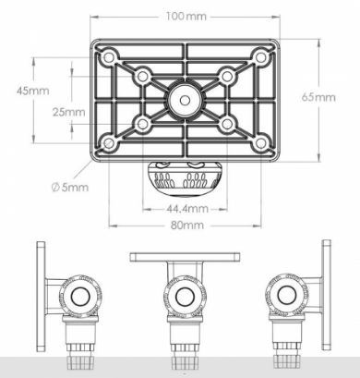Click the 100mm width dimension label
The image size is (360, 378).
click(x=186, y=16)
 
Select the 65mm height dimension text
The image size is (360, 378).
click(x=318, y=97)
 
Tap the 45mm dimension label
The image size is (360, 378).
click(x=32, y=91)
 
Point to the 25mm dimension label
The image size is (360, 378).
click(x=68, y=112)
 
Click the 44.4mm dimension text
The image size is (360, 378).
click(x=187, y=209)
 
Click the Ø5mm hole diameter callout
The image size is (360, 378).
click(x=70, y=187)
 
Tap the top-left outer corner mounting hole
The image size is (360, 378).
click(x=108, y=57)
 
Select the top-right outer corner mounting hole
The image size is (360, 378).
click(x=261, y=57)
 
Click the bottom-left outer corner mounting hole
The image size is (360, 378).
click(x=108, y=143)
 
